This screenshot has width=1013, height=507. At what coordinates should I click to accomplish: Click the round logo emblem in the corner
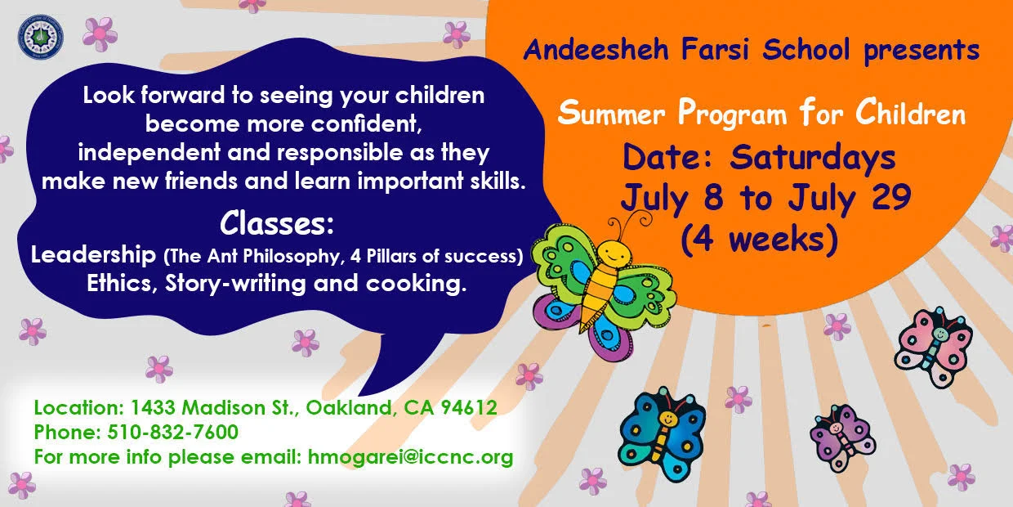click(40, 37)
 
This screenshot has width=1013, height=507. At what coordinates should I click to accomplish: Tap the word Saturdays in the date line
click(813, 157)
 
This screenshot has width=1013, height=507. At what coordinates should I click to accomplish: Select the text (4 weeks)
click(760, 239)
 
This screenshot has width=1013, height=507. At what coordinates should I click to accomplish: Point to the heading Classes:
click(277, 223)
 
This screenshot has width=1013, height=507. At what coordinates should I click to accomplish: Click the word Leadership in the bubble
click(94, 255)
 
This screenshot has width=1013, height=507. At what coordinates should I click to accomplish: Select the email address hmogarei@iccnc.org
click(410, 456)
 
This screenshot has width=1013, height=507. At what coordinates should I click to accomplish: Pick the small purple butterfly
click(841, 437)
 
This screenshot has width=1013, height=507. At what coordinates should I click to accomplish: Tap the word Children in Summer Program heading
click(911, 114)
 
